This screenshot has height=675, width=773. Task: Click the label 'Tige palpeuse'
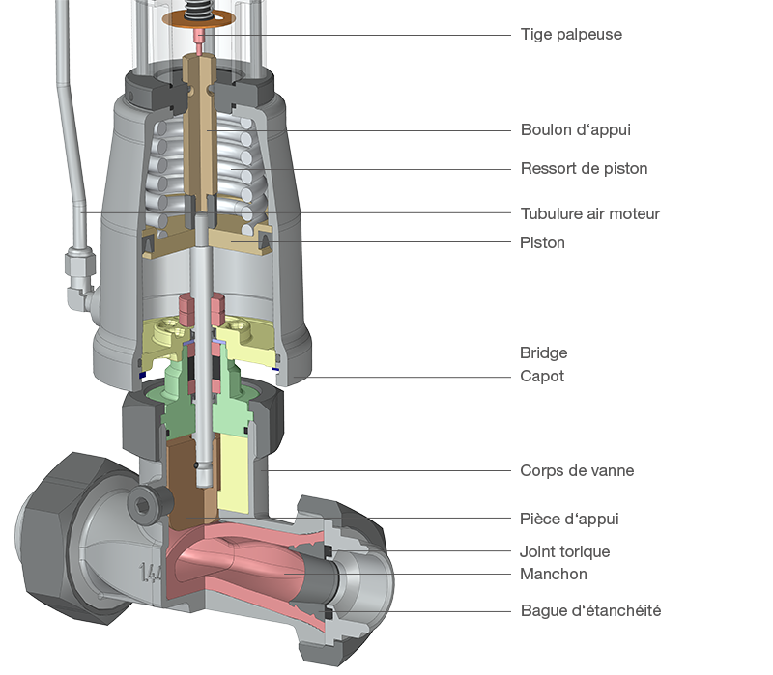click(x=571, y=35)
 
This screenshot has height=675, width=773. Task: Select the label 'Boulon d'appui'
click(x=576, y=129)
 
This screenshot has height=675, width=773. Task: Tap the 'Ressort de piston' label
click(x=584, y=169)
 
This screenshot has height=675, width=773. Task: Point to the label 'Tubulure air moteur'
click(x=590, y=213)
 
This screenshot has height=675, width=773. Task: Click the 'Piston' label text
click(x=542, y=242)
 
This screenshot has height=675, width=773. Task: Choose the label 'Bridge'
click(x=544, y=353)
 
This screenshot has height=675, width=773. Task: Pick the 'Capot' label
click(x=542, y=377)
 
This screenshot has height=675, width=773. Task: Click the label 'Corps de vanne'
click(x=577, y=471)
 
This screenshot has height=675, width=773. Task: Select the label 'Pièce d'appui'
click(x=569, y=520)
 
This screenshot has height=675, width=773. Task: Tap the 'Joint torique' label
click(x=565, y=552)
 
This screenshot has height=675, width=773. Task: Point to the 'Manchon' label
click(x=554, y=574)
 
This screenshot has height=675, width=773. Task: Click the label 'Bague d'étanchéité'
click(x=590, y=611)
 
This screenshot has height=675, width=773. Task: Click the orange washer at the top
click(x=200, y=19)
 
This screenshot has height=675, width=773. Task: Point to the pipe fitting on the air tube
click(x=77, y=267)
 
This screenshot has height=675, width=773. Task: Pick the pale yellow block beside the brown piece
click(x=241, y=473)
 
